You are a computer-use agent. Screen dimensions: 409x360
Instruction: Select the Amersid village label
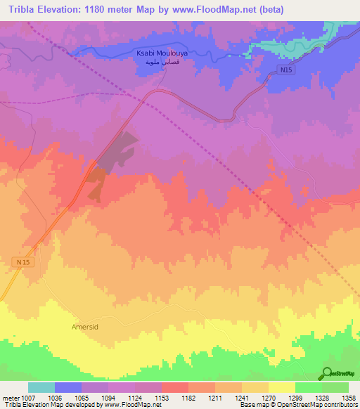[86, 327]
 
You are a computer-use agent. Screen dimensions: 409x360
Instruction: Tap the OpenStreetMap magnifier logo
[327, 372]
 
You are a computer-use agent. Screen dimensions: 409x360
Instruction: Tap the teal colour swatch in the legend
[41, 387]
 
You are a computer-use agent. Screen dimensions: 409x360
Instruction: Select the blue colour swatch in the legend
[68, 387]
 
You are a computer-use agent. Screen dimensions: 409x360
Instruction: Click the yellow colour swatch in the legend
[282, 387]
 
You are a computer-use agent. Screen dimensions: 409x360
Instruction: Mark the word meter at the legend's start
[10, 397]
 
